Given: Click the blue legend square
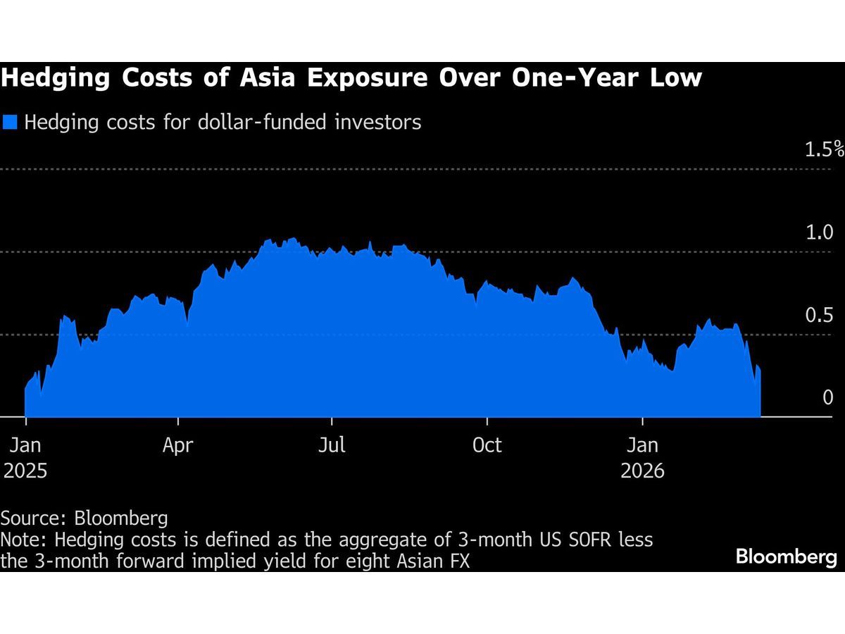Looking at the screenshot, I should point(10,123).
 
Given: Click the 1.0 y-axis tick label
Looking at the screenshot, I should point(820,232).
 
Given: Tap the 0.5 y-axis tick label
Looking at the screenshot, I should point(820,315).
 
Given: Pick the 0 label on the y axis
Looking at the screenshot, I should point(828,397).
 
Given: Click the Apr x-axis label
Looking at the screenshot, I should point(179,445).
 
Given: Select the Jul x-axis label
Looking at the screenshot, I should point(332,445).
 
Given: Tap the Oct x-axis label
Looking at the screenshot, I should point(487,445).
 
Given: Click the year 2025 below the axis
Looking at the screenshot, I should point(25,471).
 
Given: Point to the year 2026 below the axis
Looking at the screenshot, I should point(642,471).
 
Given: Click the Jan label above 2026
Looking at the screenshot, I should point(642,445).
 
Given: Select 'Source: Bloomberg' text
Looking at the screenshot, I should point(84,519).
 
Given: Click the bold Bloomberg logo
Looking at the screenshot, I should point(787,557).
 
